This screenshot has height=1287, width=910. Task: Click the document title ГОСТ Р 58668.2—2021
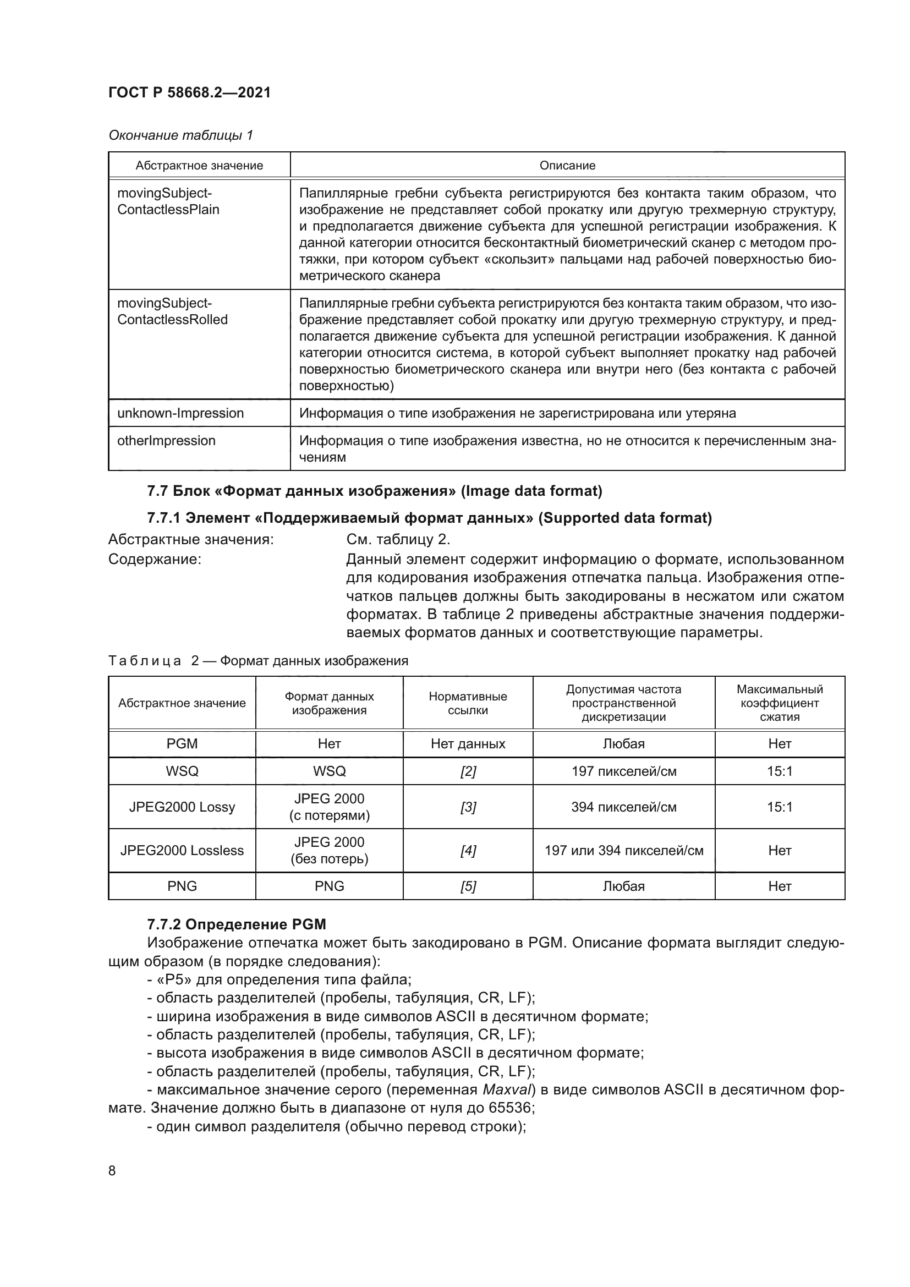point(189,92)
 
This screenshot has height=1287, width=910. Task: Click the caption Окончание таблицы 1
point(180,135)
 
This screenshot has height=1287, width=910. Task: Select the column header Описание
point(567,166)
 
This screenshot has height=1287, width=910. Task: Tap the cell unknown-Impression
point(180,413)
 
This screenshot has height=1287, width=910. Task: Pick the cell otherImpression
point(166,441)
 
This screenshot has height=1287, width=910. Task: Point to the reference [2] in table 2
point(468,771)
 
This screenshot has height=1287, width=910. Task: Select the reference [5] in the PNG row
point(468,886)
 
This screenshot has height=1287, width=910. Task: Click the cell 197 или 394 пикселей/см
point(624,850)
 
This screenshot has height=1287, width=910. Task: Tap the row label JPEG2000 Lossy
point(182,807)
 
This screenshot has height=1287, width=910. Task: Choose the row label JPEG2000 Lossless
point(182,850)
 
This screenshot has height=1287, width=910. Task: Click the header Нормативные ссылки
point(468,703)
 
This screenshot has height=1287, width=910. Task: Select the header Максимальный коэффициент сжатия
point(780,703)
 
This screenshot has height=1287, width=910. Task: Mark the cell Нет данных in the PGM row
point(468,744)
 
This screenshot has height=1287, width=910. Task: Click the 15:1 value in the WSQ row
point(780,771)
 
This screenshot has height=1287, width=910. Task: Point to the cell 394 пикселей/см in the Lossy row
point(624,807)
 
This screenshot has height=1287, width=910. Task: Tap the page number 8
point(112,1170)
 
